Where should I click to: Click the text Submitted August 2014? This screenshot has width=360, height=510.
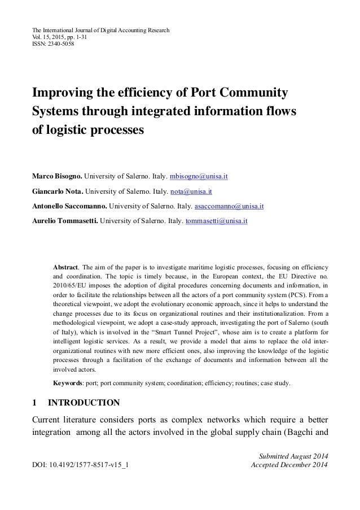(x=293, y=456)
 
